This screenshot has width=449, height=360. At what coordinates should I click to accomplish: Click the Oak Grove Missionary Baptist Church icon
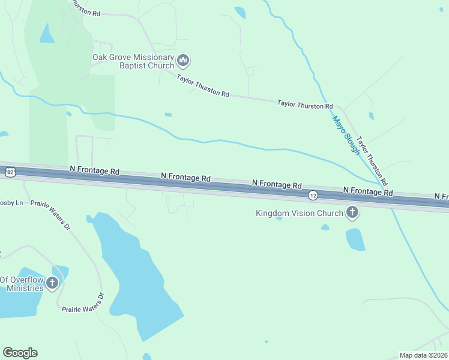coord(184,61)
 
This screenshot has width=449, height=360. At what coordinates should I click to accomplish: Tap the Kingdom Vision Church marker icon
coord(352,212)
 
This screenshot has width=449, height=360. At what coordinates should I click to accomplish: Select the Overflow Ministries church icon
coord(52,283)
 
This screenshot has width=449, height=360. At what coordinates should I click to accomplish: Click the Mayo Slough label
coord(346,136)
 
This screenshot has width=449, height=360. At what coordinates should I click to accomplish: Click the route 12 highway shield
coord(313,195)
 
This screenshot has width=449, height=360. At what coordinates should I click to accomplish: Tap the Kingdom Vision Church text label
coord(299,213)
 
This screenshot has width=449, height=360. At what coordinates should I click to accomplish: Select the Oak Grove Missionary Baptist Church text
coord(133,61)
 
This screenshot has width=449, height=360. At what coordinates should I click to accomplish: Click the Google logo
coord(20,353)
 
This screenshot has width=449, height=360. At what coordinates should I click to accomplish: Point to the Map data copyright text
coord(423,355)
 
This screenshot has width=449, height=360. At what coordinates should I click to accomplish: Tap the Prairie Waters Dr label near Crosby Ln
coord(50,215)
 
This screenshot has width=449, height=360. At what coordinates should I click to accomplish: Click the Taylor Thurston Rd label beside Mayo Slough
coord(372,161)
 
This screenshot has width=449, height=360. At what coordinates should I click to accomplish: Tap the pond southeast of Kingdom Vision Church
coord(355,239)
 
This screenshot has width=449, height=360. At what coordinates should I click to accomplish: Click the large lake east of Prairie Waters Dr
coord(138,276)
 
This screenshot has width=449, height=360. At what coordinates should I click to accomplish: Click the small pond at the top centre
coord(240,12)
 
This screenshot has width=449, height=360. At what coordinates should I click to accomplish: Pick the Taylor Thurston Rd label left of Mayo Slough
coord(304,104)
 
